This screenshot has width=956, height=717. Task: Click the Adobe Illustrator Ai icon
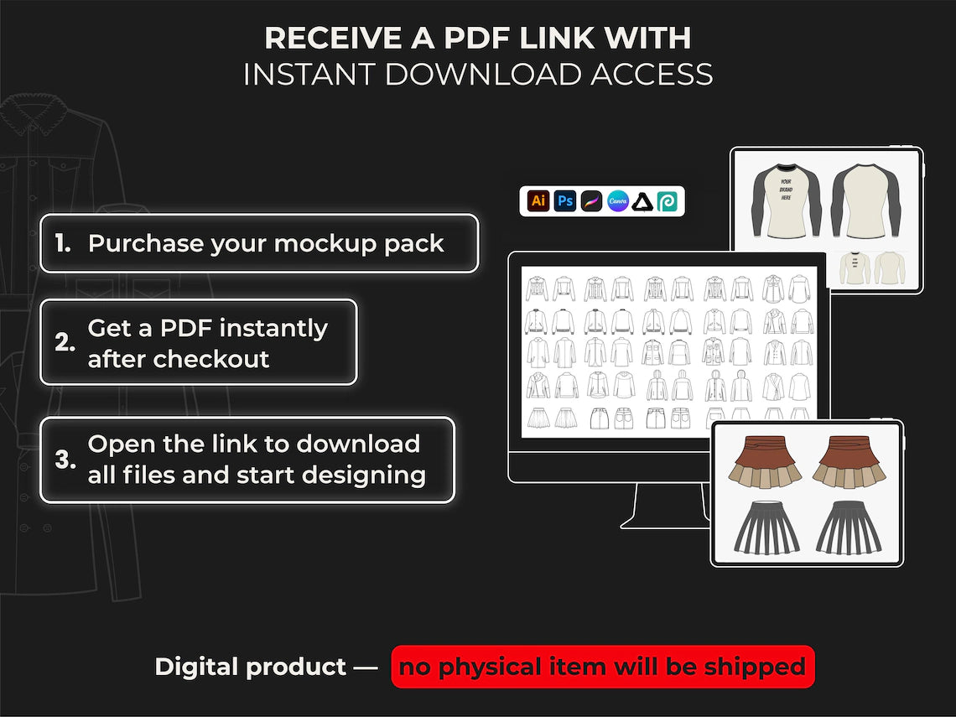(x=538, y=201)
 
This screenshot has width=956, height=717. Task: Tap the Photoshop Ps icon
(x=565, y=201)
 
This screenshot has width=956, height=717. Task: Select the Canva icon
(x=618, y=201)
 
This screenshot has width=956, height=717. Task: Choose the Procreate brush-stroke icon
(x=592, y=201)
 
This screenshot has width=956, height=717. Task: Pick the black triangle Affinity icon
(x=643, y=201)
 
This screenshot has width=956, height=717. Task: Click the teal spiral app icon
(x=668, y=201)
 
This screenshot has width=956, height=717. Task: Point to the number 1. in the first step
(x=63, y=244)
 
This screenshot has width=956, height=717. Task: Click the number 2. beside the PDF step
(x=65, y=343)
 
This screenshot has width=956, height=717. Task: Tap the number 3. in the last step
(x=65, y=460)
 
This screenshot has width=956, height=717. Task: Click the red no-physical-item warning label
(x=602, y=668)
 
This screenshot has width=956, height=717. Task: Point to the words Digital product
(x=250, y=668)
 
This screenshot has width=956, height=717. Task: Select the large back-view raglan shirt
(x=865, y=201)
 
